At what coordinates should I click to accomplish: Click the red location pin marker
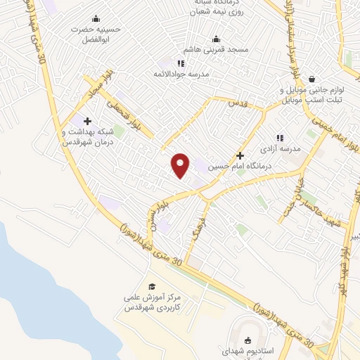[181, 165]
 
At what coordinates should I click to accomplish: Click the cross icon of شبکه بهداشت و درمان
[87, 121]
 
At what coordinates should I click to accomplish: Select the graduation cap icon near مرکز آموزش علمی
[151, 286]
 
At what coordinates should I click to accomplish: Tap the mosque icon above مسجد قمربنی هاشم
[215, 39]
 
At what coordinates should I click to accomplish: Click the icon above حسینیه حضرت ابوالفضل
[96, 19]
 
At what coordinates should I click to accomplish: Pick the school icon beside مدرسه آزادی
[279, 138]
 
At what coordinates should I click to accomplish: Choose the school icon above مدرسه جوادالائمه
[181, 63]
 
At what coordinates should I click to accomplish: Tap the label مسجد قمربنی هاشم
[214, 51]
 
